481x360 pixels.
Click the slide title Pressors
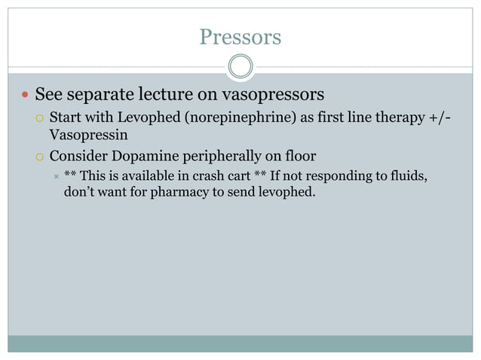(x=240, y=37)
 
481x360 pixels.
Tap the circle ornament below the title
(x=240, y=66)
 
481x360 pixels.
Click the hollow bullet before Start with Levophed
(x=41, y=118)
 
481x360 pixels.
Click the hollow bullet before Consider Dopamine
(x=41, y=157)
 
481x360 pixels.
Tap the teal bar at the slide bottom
(x=240, y=343)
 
